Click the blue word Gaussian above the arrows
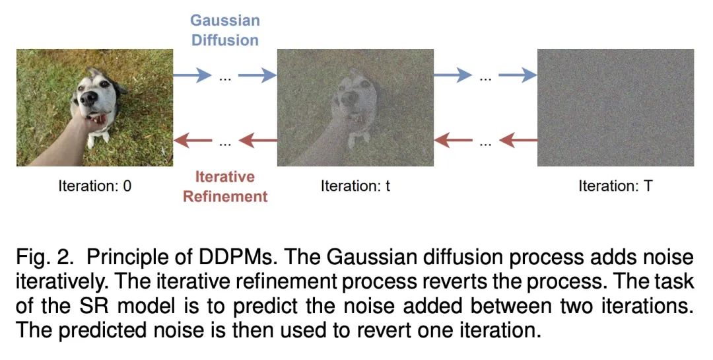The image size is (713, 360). point(224,21)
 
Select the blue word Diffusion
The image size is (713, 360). point(224,40)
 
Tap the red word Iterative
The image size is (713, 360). point(224,176)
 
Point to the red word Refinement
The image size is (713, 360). point(225,197)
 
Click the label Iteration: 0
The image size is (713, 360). point(94,186)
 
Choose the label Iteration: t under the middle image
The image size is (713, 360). point(355,186)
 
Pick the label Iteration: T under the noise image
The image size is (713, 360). point(615,186)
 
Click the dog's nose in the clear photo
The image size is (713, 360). point(88,98)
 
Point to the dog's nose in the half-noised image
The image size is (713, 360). point(350,98)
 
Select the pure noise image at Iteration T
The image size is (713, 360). point(616,108)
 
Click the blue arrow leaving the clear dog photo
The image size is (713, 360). point(192,75)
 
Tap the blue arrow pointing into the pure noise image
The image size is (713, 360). point(518,75)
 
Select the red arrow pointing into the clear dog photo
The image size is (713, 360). point(193,140)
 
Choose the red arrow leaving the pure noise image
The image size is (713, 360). point(518,140)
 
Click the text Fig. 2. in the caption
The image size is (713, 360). point(45,258)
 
